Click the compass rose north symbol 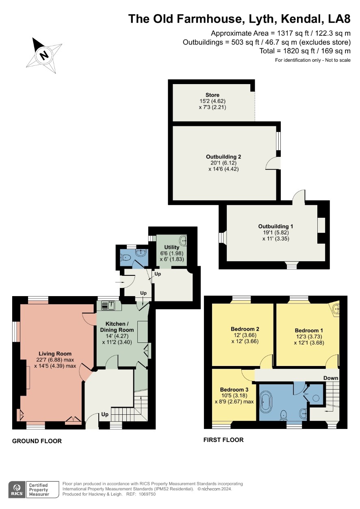44,55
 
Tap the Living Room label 55,353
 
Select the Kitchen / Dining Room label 117,327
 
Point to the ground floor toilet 125,258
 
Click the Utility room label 171,247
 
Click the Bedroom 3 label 234,390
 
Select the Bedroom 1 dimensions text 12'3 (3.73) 309,336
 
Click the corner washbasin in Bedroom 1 335,309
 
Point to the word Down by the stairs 331,378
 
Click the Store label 212,95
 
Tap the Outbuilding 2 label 223,156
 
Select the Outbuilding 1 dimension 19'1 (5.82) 275,232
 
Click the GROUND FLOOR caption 37,441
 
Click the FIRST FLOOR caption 223,440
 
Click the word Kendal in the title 301,19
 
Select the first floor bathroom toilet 284,416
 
